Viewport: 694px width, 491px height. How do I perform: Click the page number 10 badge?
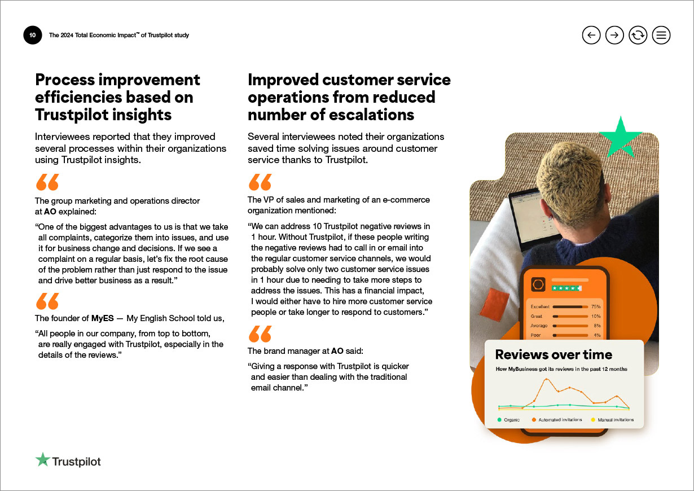pyautogui.click(x=32, y=35)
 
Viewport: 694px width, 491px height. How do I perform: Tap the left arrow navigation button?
pyautogui.click(x=591, y=35)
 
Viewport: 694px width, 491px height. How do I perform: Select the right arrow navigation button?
pyautogui.click(x=614, y=35)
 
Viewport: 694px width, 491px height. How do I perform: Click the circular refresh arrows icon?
pyautogui.click(x=638, y=35)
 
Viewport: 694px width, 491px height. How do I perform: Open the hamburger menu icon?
pyautogui.click(x=661, y=35)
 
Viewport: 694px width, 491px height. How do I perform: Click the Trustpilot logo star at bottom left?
pyautogui.click(x=42, y=460)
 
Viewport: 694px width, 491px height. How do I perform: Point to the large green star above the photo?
pyautogui.click(x=621, y=137)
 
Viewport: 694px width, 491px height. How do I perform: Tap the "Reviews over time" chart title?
pyautogui.click(x=554, y=354)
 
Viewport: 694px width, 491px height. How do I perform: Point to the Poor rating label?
pyautogui.click(x=536, y=335)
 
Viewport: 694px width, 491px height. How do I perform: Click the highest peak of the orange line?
pyautogui.click(x=546, y=379)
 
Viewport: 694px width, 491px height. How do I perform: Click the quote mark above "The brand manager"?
pyautogui.click(x=260, y=334)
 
